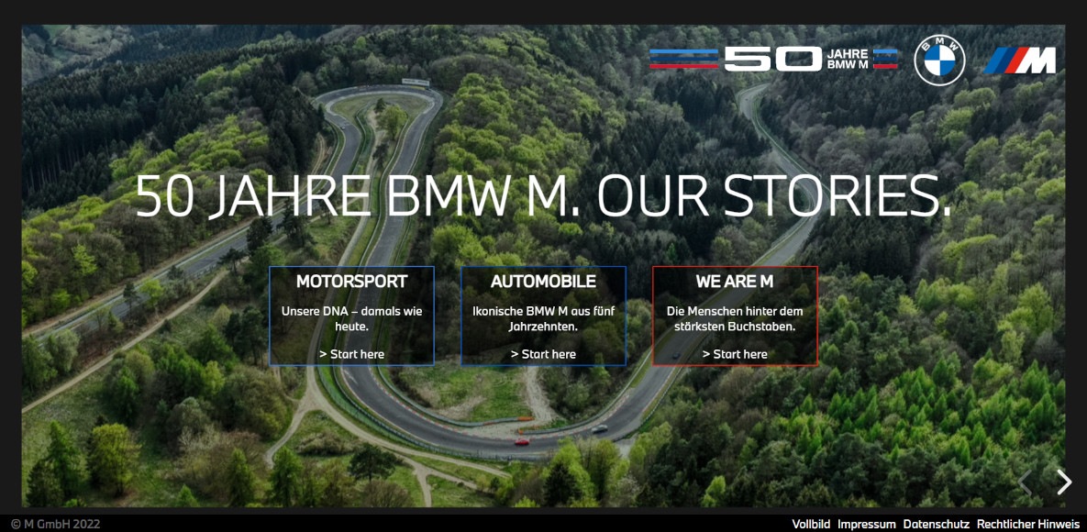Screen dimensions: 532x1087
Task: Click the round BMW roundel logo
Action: pyautogui.click(x=939, y=61)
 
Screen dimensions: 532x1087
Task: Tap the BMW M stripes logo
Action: pyautogui.click(x=1020, y=61)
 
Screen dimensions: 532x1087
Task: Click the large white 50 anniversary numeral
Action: pyautogui.click(x=772, y=60)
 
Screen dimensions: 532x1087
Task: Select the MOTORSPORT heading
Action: pyautogui.click(x=351, y=282)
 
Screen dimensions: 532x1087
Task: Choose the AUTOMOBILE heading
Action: pyautogui.click(x=543, y=282)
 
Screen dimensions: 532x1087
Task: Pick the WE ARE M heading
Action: pyautogui.click(x=735, y=282)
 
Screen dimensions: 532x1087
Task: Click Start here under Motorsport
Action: pyautogui.click(x=351, y=354)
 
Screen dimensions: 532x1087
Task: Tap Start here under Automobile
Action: pyautogui.click(x=543, y=354)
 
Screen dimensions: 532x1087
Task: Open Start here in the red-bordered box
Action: pyautogui.click(x=735, y=354)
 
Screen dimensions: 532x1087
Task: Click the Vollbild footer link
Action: pyautogui.click(x=811, y=525)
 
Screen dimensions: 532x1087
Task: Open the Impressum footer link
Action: pyautogui.click(x=866, y=525)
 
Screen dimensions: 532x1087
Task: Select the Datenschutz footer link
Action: pyautogui.click(x=936, y=525)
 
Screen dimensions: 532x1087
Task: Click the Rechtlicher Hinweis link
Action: pyautogui.click(x=1027, y=525)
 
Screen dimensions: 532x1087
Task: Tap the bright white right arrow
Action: pyautogui.click(x=1063, y=482)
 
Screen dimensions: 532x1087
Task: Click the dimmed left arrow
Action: pyautogui.click(x=1026, y=482)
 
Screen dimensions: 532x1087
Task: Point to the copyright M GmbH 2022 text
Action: pyautogui.click(x=55, y=525)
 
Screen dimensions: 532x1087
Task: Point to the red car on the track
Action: pyautogui.click(x=522, y=441)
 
